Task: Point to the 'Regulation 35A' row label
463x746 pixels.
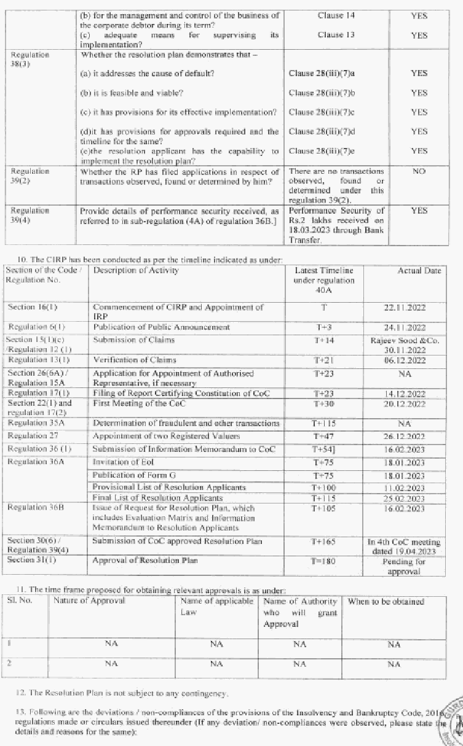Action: [x=36, y=423]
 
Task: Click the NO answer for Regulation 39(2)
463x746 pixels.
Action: [x=419, y=171]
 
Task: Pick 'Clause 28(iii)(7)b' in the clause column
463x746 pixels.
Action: [x=322, y=93]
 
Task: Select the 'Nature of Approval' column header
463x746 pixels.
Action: [x=89, y=601]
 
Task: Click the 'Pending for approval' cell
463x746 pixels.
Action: [x=403, y=567]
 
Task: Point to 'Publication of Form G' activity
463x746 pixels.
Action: [x=130, y=475]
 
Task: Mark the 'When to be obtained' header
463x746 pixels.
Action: [x=386, y=602]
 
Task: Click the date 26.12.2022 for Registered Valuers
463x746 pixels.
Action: [x=403, y=437]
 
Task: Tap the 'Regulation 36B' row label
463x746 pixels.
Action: [x=36, y=508]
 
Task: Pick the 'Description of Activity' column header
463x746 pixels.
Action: [x=135, y=271]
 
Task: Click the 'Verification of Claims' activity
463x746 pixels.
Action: [x=135, y=360]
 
